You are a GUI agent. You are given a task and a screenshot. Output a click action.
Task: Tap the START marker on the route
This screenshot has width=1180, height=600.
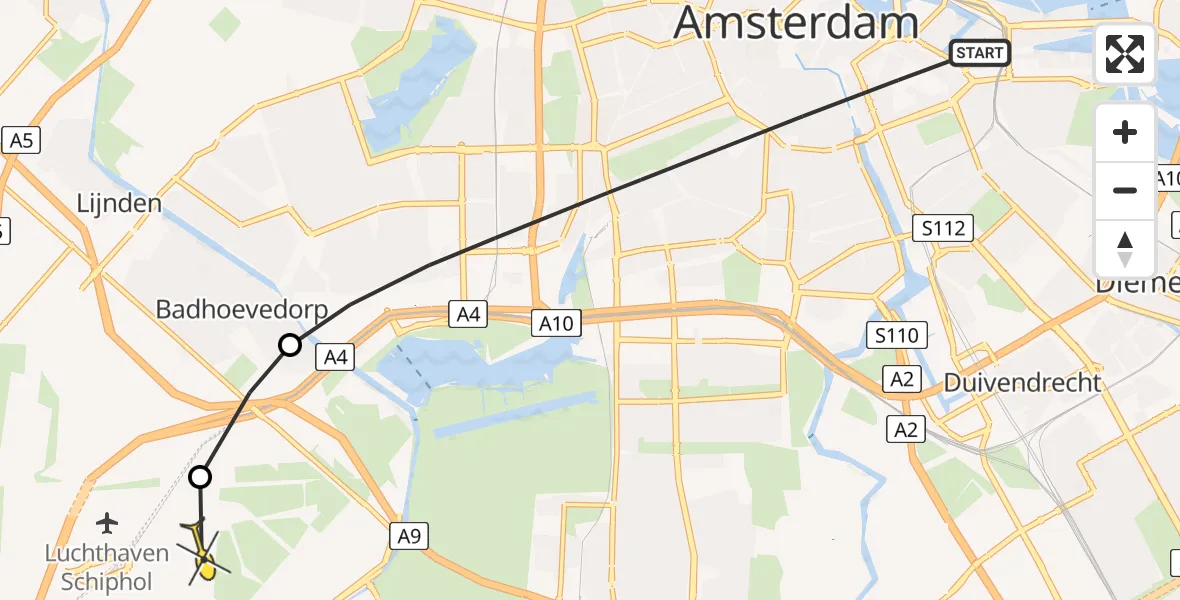[979, 53]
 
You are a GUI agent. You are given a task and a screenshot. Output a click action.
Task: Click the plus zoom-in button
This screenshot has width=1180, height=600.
[1125, 132]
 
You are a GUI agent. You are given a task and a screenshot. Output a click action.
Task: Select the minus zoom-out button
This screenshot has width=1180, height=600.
[1125, 190]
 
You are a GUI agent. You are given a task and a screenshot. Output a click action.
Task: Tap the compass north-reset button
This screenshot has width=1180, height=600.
[1125, 248]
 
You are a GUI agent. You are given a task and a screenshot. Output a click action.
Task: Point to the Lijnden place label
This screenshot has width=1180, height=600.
[119, 204]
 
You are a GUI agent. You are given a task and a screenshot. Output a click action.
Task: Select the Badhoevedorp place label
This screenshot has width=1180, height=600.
[242, 310]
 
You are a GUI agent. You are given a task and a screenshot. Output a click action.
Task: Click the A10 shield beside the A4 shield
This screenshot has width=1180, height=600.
[554, 323]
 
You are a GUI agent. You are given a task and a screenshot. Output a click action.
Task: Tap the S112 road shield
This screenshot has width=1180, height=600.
[944, 229]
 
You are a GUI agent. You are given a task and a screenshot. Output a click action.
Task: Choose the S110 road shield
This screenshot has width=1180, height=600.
[896, 335]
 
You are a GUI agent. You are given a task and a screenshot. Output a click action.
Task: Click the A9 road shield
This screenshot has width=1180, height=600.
[410, 537]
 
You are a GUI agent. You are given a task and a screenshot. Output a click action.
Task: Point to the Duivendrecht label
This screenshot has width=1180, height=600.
[1023, 382]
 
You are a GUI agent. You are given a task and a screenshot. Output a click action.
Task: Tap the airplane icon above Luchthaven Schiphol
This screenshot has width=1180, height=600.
[107, 522]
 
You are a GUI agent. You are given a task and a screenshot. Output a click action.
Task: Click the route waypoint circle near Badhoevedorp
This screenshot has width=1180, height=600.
[289, 346]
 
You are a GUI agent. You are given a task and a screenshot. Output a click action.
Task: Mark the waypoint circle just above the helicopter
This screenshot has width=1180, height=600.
[201, 477]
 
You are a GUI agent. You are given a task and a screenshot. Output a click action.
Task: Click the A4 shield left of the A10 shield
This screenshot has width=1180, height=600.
[469, 315]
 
